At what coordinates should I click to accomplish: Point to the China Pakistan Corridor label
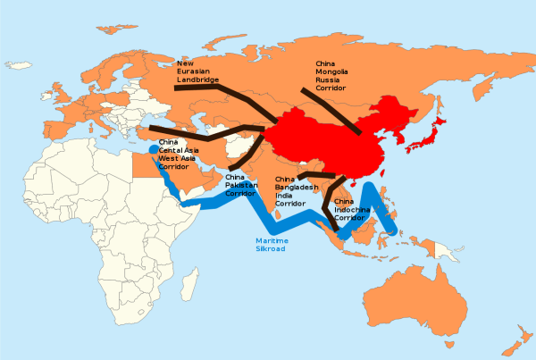[241, 186]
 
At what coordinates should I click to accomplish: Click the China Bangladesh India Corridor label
[291, 191]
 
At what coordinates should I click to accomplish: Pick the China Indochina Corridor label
[351, 210]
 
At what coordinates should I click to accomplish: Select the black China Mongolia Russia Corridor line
[331, 112]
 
